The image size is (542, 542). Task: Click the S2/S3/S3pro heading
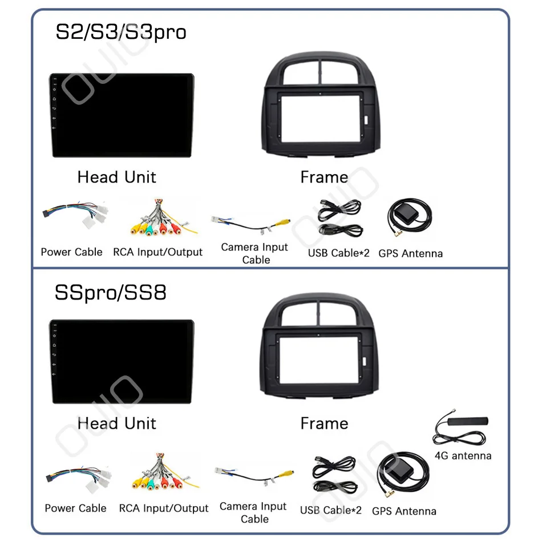pyautogui.click(x=120, y=32)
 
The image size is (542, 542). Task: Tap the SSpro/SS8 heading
pyautogui.click(x=111, y=293)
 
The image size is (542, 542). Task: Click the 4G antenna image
pyautogui.click(x=462, y=429)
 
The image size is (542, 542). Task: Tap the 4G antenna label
pyautogui.click(x=463, y=455)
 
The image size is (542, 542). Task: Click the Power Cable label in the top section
pyautogui.click(x=72, y=252)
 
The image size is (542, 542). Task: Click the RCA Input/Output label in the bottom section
pyautogui.click(x=164, y=508)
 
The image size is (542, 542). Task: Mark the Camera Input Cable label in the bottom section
pyautogui.click(x=253, y=512)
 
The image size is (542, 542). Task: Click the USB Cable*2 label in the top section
pyautogui.click(x=339, y=253)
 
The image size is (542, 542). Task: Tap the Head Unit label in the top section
pyautogui.click(x=116, y=177)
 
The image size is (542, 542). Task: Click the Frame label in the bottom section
pyautogui.click(x=324, y=423)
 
